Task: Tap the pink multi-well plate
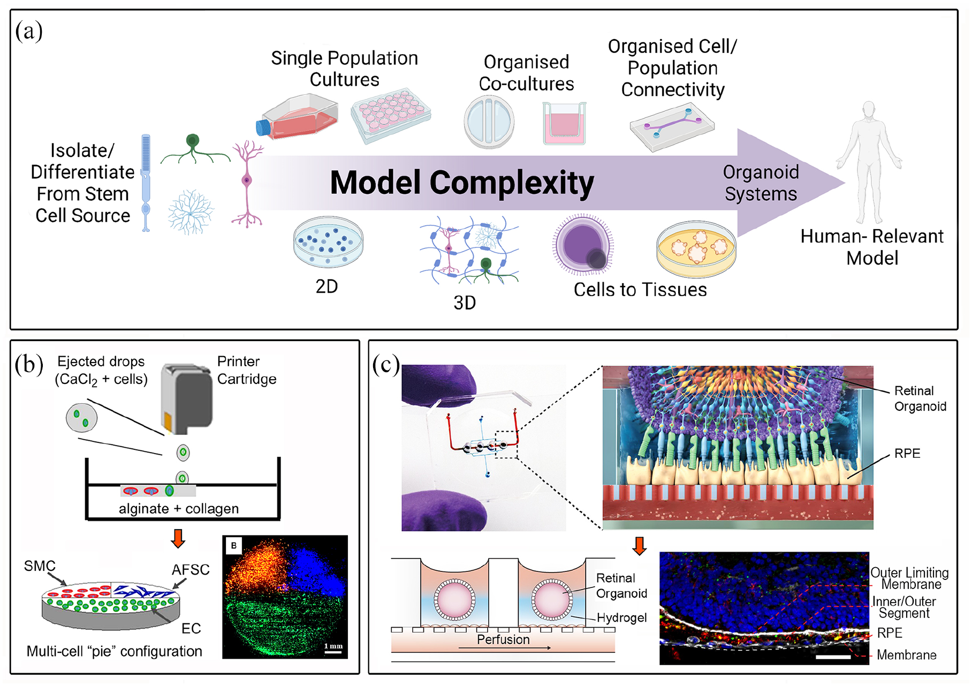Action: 391,115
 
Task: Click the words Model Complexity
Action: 462,183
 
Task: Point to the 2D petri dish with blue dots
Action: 328,242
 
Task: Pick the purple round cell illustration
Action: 583,244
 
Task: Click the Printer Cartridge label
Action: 247,370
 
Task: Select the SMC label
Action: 40,566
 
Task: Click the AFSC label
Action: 191,570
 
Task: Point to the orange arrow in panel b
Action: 178,538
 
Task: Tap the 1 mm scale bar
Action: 333,651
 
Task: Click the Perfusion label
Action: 503,639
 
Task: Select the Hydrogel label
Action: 621,617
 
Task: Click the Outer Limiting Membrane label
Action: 909,578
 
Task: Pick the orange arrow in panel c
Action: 640,546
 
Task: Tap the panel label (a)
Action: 29,31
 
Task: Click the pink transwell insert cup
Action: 564,124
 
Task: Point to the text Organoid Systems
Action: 761,183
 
